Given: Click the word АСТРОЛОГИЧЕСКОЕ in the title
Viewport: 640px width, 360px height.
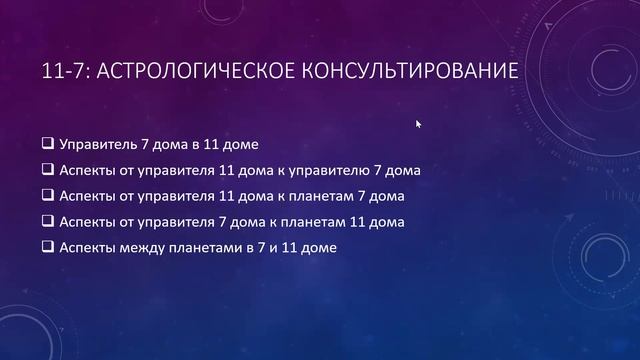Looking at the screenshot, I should tap(200, 73).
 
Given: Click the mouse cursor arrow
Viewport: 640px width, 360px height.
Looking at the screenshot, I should tap(419, 124).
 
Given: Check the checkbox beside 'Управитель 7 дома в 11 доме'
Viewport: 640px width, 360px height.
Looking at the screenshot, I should tap(49, 144).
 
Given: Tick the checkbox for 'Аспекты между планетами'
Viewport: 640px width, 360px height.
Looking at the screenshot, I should tap(49, 247).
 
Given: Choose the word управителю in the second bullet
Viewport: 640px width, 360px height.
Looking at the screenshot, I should tap(323, 170).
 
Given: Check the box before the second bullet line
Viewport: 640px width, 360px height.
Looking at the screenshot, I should tap(49, 170).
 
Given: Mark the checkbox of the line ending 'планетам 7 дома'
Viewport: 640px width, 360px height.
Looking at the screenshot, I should tap(49, 196).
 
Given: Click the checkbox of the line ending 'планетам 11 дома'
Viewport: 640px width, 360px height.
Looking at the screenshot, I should tap(49, 221).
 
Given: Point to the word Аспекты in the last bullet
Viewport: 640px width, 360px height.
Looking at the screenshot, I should tap(88, 247).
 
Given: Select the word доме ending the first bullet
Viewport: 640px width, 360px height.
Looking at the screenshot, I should tap(240, 144).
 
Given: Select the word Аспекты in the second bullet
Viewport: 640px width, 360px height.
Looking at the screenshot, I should tap(88, 170).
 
